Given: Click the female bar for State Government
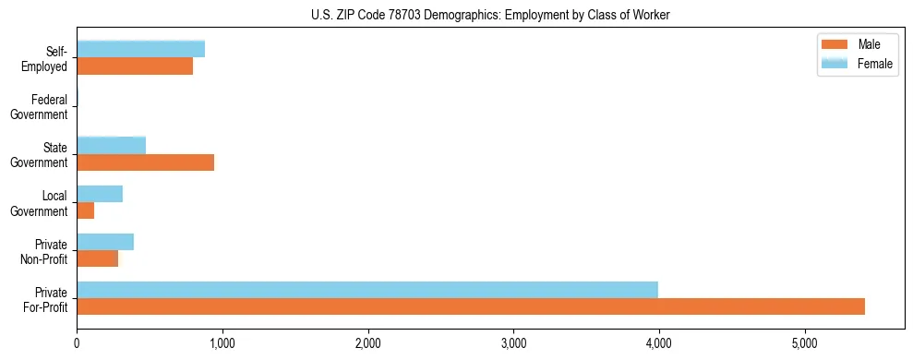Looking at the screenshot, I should tap(111, 146).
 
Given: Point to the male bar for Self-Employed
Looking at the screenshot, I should tap(135, 66).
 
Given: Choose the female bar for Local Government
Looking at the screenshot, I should tap(100, 194).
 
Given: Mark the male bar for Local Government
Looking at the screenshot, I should tap(85, 210).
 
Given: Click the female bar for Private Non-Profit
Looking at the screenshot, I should tap(105, 242).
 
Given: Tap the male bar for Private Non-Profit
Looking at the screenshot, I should tap(97, 258).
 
